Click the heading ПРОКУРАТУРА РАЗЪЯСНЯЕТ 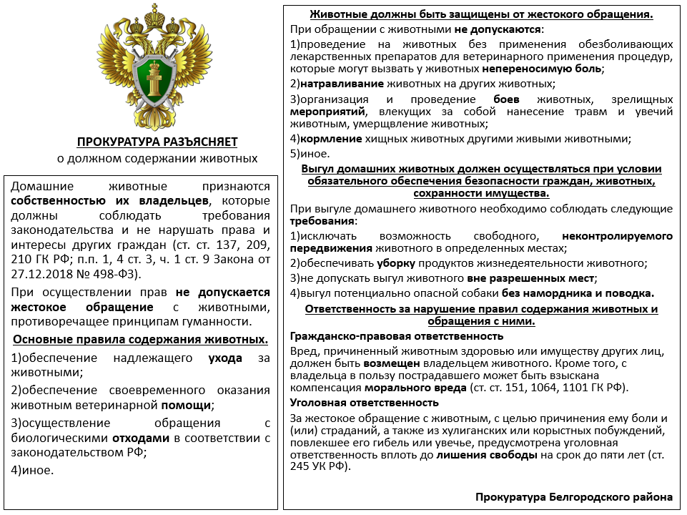pyautogui.click(x=157, y=142)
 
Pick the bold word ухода pyautogui.click(x=224, y=358)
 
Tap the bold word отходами pyautogui.click(x=139, y=437)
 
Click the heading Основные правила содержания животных pyautogui.click(x=141, y=339)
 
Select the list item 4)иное pyautogui.click(x=33, y=470)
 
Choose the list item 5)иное pyautogui.click(x=310, y=153)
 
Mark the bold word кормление pyautogui.click(x=331, y=139)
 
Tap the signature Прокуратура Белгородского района pyautogui.click(x=573, y=496)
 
